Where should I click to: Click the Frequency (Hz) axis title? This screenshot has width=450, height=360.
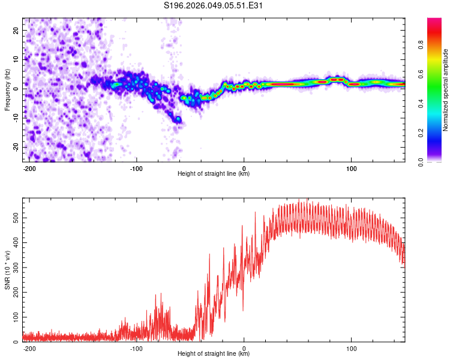(7, 89)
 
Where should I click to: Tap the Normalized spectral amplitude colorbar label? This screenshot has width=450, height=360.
(445, 90)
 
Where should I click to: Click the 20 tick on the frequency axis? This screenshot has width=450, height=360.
(17, 29)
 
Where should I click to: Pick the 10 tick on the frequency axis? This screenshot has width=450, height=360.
(17, 59)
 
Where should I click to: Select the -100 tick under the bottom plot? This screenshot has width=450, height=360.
(136, 347)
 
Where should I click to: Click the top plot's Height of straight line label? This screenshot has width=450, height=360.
(214, 174)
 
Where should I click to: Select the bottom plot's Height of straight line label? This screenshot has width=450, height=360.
(214, 354)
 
